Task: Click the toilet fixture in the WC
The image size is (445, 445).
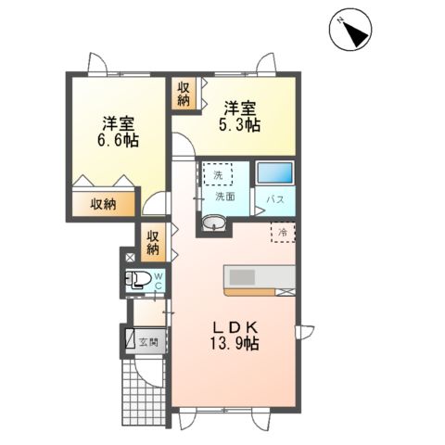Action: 140,279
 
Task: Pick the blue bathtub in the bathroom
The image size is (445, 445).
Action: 273,173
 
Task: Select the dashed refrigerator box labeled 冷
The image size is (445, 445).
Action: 283,232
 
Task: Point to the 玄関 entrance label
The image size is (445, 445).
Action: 148,341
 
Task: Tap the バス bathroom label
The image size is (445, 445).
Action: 276,199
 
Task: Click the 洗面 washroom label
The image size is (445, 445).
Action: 225,197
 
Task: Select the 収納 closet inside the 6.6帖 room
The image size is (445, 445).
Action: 103,204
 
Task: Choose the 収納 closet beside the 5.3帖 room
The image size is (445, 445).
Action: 182,94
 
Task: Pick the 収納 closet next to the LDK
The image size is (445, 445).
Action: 153,242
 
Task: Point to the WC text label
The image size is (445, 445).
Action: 158,279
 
